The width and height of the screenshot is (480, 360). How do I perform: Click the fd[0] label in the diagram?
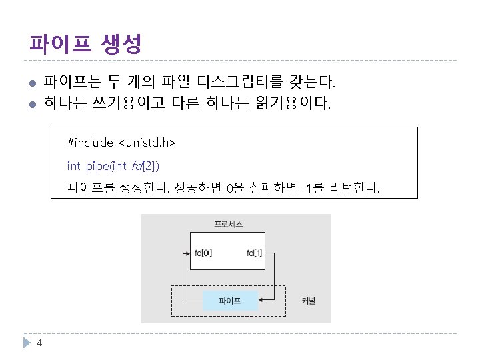pos(203,253)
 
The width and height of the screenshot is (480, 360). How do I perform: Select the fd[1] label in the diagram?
pos(254,253)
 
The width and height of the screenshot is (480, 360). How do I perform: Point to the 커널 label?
pos(308,301)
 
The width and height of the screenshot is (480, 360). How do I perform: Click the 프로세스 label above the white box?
pos(228,224)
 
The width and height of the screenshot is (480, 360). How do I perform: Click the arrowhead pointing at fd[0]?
pos(186,253)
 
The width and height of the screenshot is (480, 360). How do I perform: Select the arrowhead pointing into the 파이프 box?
pos(261,301)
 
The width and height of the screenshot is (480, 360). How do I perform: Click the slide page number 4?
pos(39,343)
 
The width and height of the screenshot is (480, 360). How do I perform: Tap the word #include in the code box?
pos(89,143)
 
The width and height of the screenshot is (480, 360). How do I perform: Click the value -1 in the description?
pos(306,189)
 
